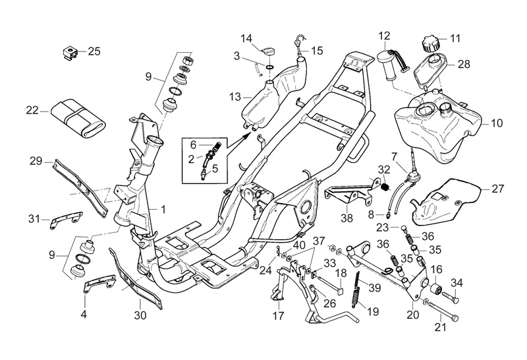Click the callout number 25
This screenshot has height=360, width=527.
click(x=94, y=51)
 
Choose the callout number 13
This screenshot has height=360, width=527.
click(x=235, y=97)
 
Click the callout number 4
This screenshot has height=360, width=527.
click(x=84, y=315)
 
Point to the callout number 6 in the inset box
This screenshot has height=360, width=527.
click(x=193, y=144)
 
